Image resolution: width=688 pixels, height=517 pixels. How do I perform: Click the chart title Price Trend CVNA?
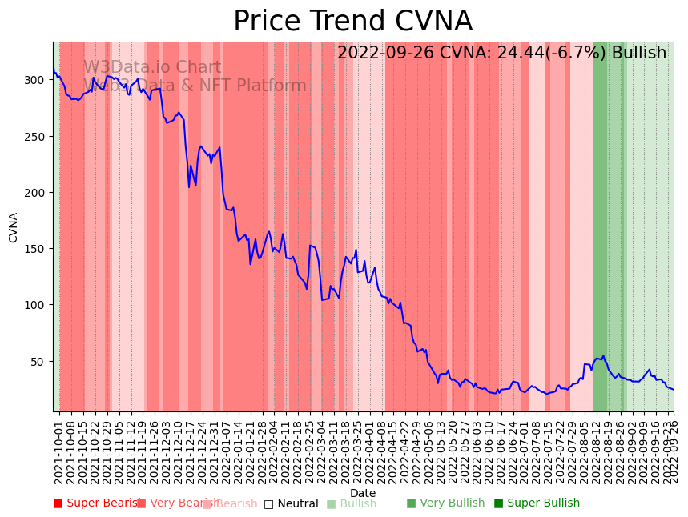click(352, 22)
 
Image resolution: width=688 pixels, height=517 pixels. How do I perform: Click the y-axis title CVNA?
click(13, 227)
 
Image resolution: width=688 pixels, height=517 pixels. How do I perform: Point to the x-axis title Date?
click(363, 493)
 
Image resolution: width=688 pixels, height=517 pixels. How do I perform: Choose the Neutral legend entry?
click(292, 504)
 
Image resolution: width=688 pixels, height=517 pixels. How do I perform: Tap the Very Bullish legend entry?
click(446, 503)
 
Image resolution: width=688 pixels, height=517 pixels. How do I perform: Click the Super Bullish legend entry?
click(537, 503)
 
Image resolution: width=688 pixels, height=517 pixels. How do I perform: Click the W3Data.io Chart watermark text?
click(152, 68)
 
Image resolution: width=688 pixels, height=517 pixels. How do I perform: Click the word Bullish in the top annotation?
click(639, 54)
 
